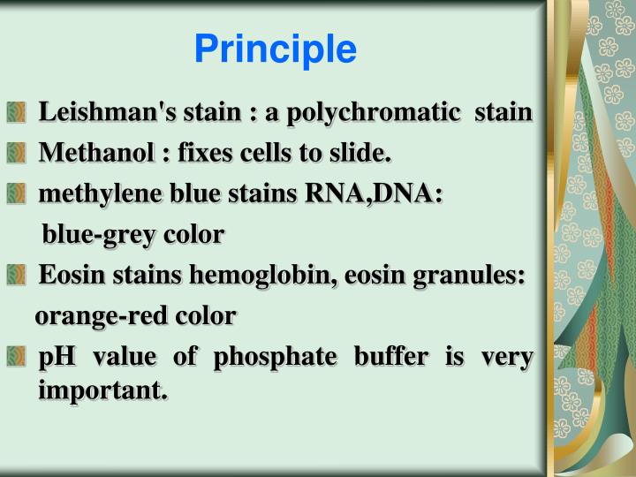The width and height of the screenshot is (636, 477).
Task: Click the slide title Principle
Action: pyautogui.click(x=276, y=50)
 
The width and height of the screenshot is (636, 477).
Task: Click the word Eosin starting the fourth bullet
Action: pyautogui.click(x=65, y=276)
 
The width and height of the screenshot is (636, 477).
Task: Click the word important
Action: pyautogui.click(x=102, y=390)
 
